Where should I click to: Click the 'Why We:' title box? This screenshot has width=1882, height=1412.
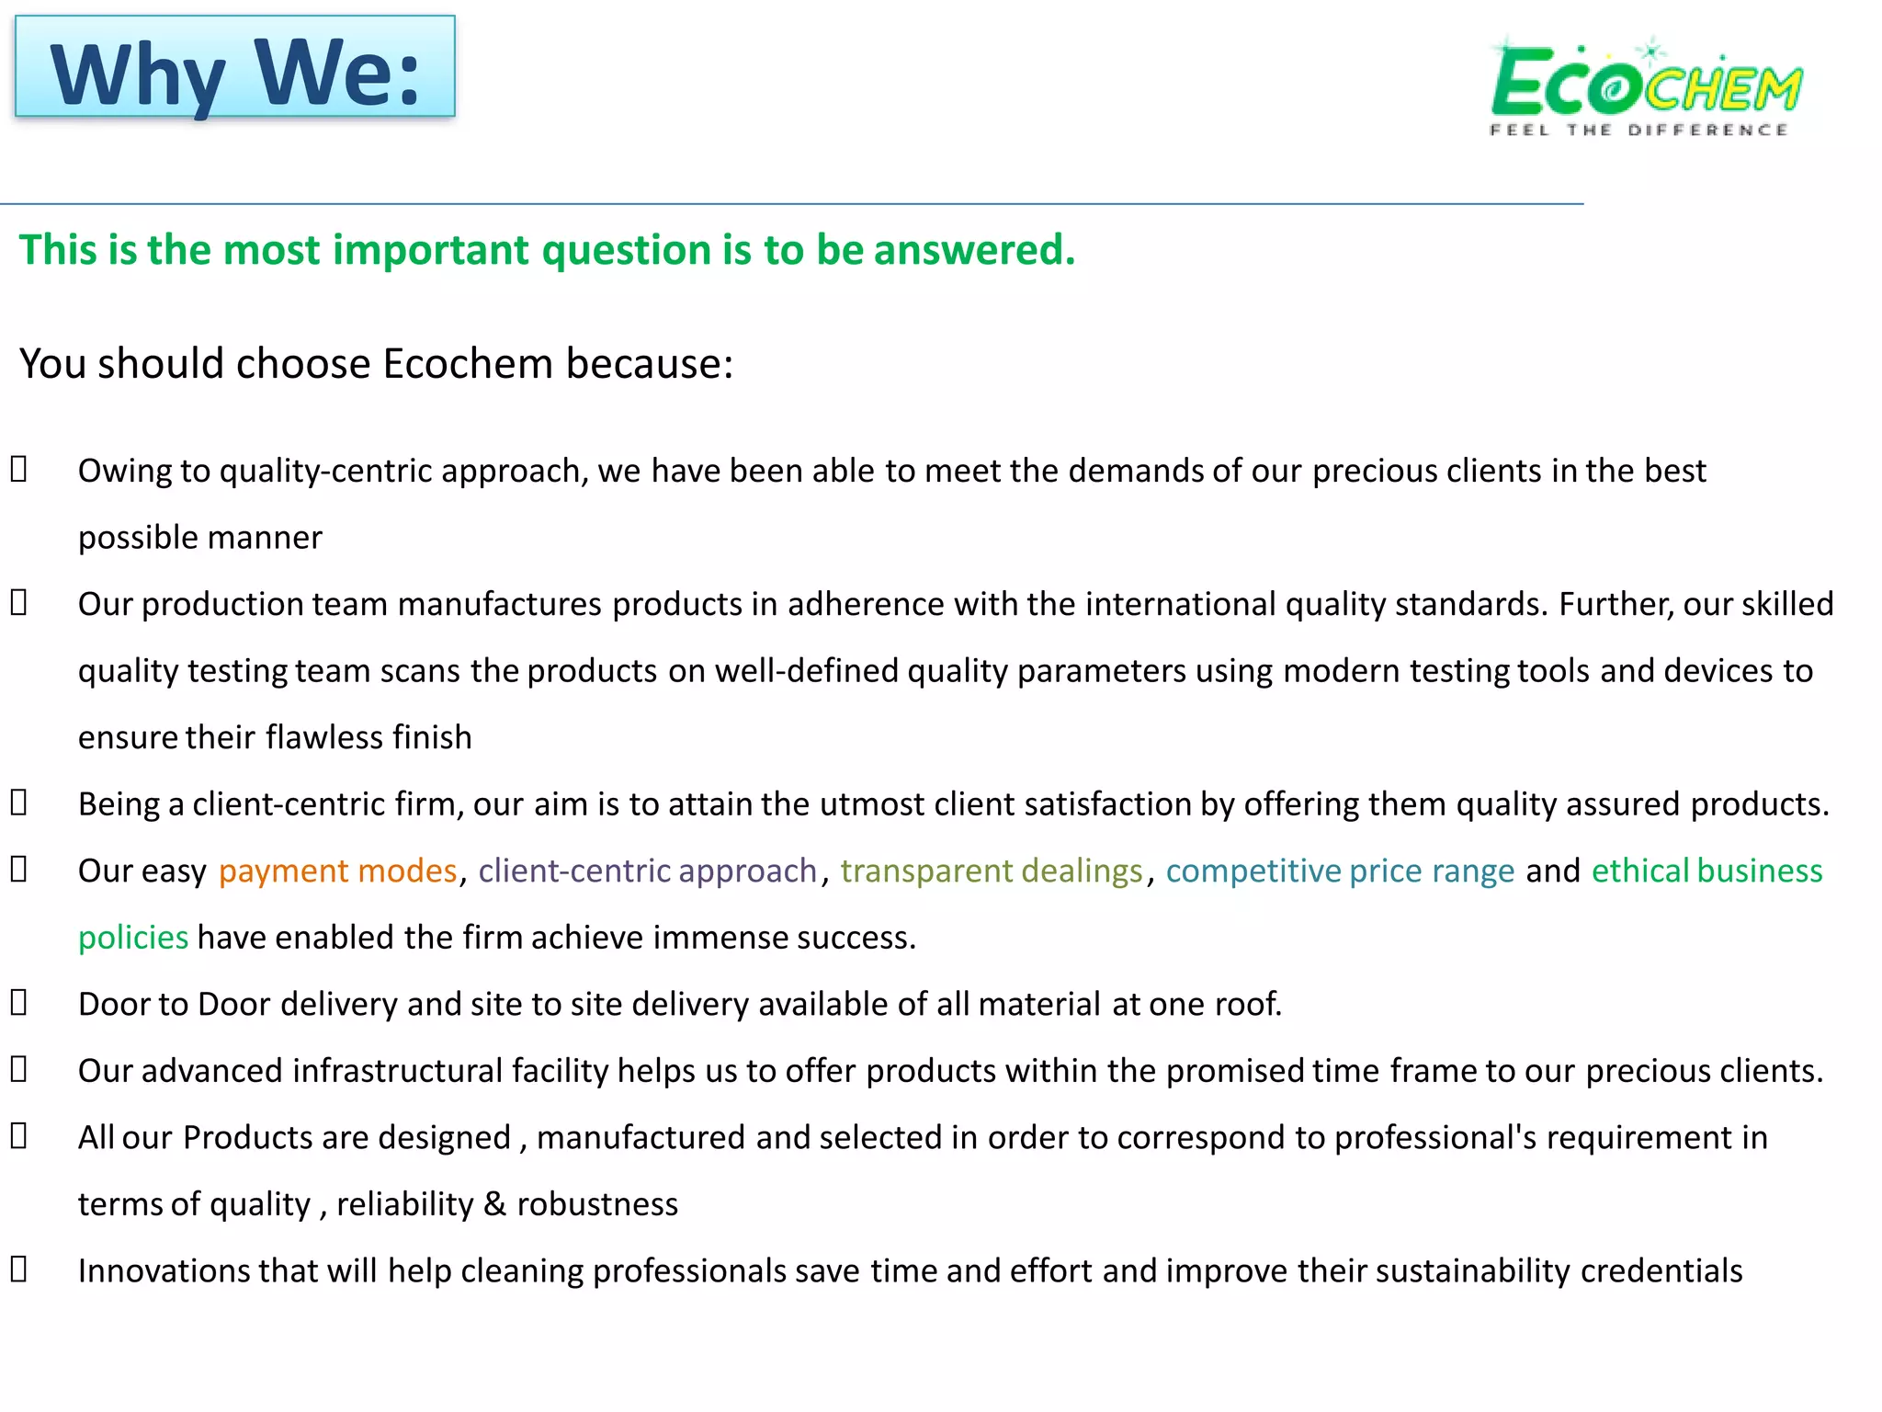pos(235,67)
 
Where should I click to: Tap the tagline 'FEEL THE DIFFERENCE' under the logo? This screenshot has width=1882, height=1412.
pos(1638,131)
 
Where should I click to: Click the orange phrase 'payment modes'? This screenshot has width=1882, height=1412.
pos(337,871)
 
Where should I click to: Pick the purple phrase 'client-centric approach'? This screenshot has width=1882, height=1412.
pos(647,871)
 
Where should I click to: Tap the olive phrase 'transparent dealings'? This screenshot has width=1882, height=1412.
pos(991,871)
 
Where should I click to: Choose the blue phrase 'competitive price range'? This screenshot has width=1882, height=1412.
pos(1340,871)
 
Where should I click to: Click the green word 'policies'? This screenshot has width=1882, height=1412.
pos(133,938)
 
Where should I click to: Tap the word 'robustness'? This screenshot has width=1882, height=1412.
pos(597,1204)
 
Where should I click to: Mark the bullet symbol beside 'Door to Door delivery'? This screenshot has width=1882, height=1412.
pos(19,1003)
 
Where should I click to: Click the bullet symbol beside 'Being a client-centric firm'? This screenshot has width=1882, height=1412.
pos(19,803)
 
